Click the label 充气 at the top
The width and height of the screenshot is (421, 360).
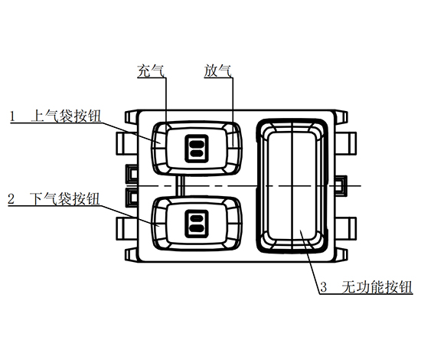pyautogui.click(x=151, y=70)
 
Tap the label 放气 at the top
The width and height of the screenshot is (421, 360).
pyautogui.click(x=217, y=70)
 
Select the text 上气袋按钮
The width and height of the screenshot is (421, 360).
pyautogui.click(x=66, y=116)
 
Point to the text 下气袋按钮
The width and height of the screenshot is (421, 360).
pyautogui.click(x=65, y=199)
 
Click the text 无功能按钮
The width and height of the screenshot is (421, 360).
pyautogui.click(x=377, y=287)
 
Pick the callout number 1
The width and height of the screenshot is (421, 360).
pyautogui.click(x=12, y=116)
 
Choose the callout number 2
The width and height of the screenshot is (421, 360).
pyautogui.click(x=11, y=199)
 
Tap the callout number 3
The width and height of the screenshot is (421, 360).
pyautogui.click(x=324, y=287)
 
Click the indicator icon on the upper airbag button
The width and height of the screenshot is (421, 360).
pyautogui.click(x=197, y=149)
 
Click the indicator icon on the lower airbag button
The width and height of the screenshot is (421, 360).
pyautogui.click(x=197, y=224)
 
